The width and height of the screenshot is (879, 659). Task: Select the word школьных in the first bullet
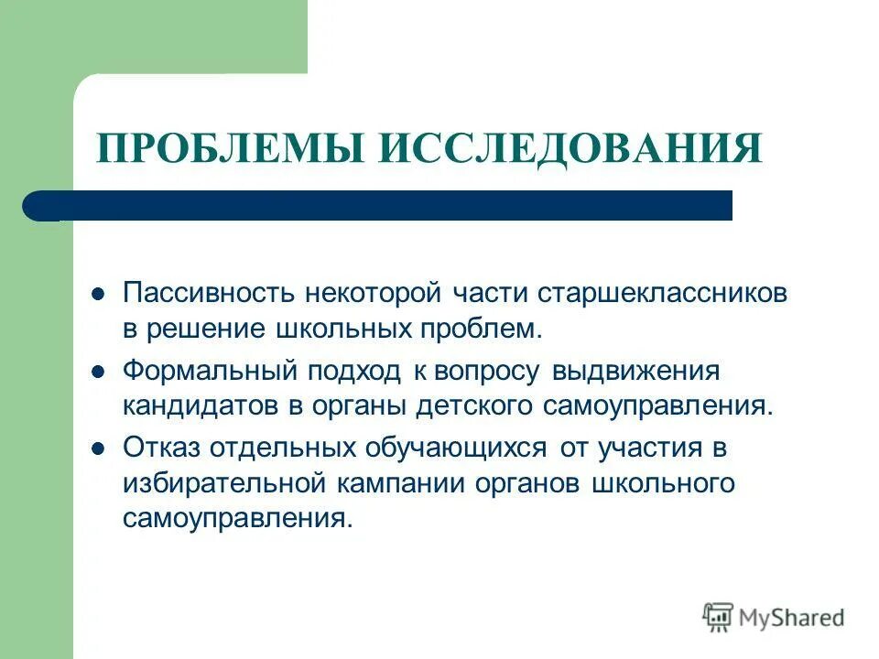[x=339, y=328]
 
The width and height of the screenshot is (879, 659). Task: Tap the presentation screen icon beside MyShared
[x=718, y=618]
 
